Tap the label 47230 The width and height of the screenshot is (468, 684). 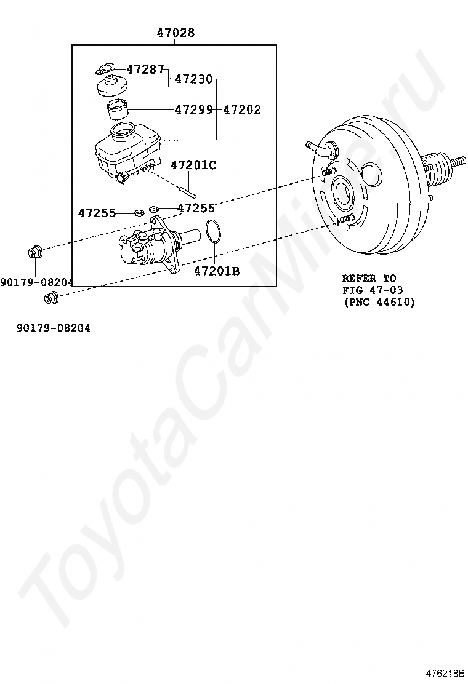[x=193, y=79]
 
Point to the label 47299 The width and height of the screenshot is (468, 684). [x=193, y=109]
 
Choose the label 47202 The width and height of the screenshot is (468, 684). [x=242, y=109]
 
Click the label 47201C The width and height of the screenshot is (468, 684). [x=193, y=165]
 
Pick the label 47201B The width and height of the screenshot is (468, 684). [x=217, y=271]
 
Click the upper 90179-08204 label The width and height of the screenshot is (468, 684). [x=37, y=282]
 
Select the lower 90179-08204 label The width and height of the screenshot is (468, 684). [x=54, y=328]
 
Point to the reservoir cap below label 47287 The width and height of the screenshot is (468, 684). [x=112, y=85]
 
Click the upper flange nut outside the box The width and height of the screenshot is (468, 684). [x=35, y=252]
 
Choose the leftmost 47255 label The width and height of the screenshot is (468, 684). [x=97, y=213]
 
